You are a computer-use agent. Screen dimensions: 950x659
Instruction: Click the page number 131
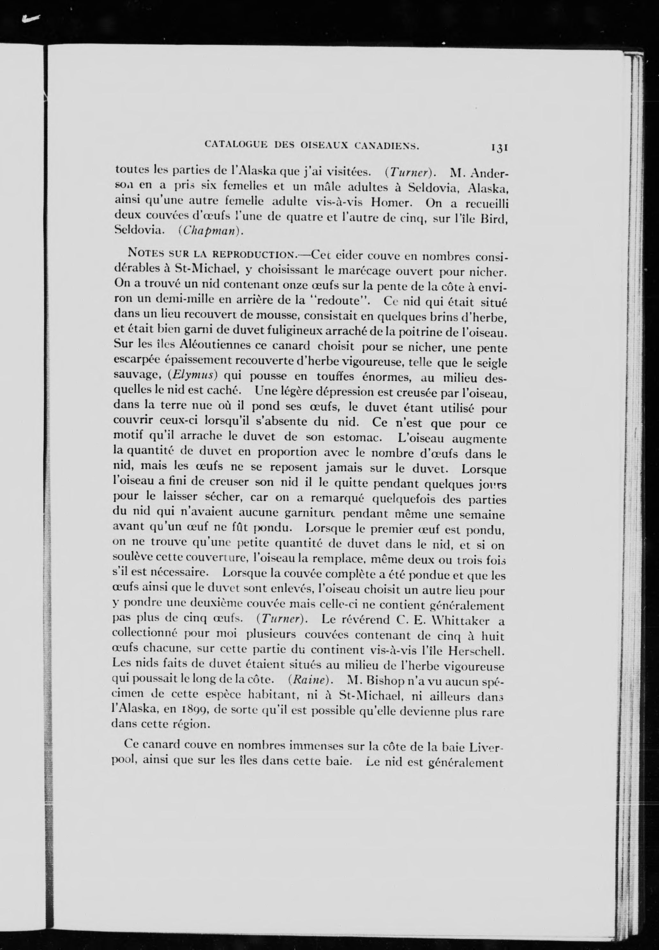point(499,147)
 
